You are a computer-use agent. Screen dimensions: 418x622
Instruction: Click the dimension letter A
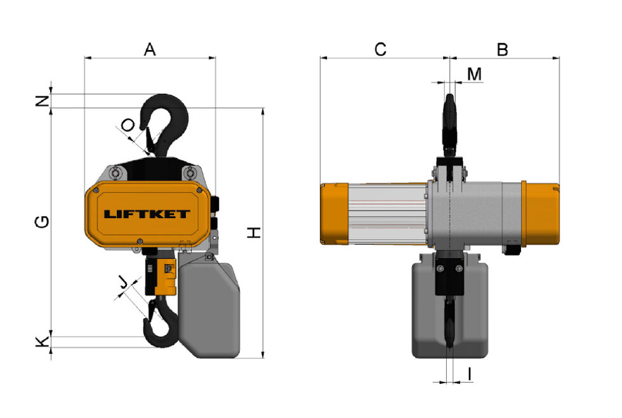[x=150, y=49]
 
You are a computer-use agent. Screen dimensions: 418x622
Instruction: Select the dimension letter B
[x=502, y=49]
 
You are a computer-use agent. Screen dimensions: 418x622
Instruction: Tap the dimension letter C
[x=380, y=49]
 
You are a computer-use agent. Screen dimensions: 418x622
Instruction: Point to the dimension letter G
[x=43, y=221]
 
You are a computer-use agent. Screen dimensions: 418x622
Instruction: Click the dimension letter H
[x=254, y=233]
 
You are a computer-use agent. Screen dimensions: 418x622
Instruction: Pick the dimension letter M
[x=474, y=74]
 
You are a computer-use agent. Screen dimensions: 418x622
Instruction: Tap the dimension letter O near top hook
[x=129, y=124]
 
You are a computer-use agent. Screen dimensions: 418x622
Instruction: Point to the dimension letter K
[x=42, y=342]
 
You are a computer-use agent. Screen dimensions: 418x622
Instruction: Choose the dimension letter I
[x=469, y=375]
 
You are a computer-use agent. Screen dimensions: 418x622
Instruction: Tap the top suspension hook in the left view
[x=167, y=124]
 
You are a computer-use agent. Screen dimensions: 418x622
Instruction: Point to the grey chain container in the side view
[x=451, y=317]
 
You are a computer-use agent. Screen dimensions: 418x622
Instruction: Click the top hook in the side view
[x=450, y=121]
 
